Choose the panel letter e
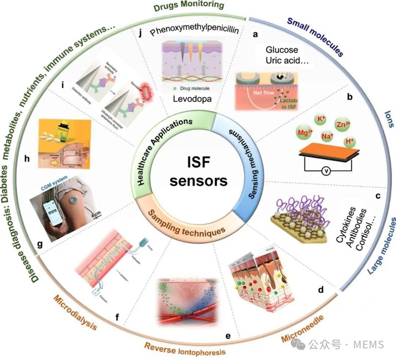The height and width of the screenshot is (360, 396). pyautogui.click(x=228, y=335)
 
